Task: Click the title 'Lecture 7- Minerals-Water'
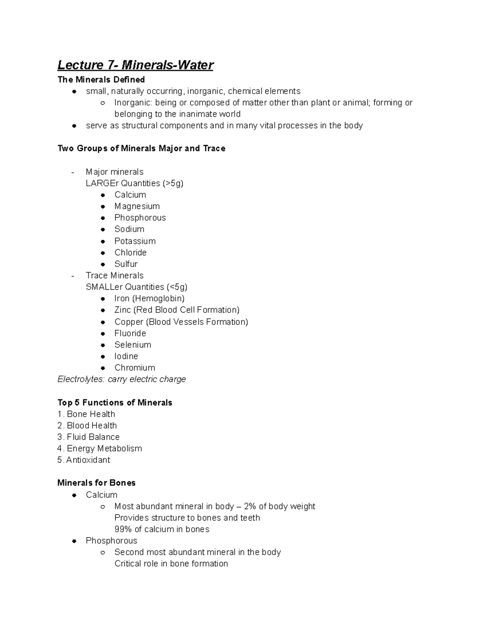135,65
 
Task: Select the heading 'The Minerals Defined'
101,80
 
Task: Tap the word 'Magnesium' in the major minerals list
137,206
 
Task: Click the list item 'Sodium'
129,229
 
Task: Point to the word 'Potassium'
135,241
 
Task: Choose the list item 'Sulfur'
126,264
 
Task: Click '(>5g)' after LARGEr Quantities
173,183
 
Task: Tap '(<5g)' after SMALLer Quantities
177,287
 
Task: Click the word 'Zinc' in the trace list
123,310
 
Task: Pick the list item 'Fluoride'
130,333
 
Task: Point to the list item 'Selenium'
133,345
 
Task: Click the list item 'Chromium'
135,368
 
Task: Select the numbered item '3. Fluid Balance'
88,437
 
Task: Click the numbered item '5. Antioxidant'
84,460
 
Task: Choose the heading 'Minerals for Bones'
96,483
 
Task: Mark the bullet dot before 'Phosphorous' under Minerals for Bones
74,541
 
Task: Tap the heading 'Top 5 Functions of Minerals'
114,403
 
